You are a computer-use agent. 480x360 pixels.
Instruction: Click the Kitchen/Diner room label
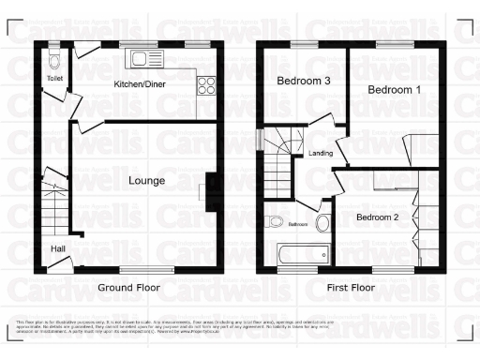140,84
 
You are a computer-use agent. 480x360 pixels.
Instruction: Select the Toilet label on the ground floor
54,79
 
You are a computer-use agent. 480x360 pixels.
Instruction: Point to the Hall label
58,248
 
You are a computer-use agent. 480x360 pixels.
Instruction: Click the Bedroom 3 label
304,82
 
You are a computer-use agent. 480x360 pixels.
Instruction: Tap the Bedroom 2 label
378,217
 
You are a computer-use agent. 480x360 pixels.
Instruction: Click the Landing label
320,154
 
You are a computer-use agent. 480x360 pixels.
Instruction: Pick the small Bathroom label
298,225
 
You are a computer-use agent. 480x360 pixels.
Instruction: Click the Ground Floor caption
128,288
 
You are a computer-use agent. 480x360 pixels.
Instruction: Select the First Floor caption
346,288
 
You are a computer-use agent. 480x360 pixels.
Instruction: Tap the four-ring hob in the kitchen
206,84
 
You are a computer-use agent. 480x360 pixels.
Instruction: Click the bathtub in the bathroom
302,253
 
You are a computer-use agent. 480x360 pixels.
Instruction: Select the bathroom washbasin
323,223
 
